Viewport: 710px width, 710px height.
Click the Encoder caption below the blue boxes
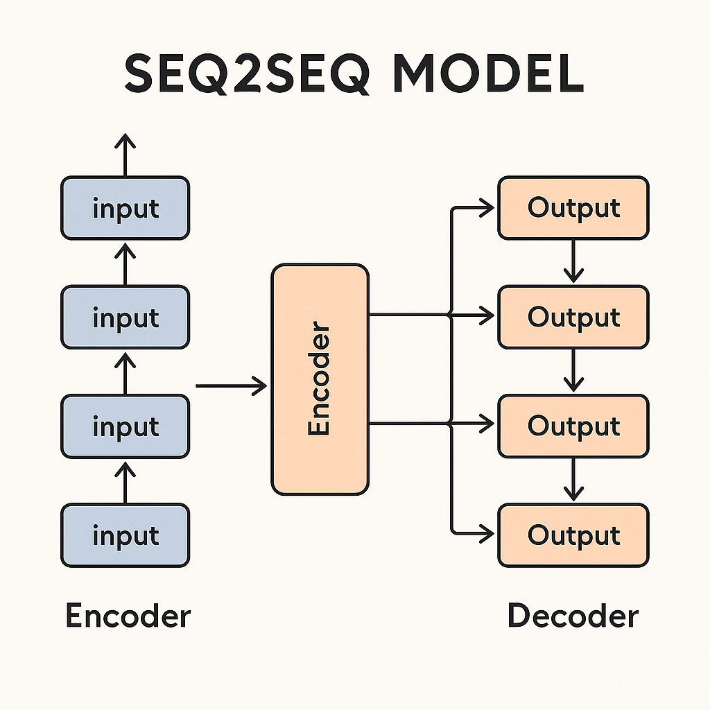coord(128,616)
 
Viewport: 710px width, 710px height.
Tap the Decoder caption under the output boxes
coord(573,616)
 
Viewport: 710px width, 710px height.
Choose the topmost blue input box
coord(125,208)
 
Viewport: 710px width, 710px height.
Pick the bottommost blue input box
coord(125,535)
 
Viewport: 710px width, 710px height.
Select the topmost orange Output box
coord(573,208)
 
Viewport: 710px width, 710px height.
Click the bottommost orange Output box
coord(573,535)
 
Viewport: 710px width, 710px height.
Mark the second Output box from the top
coord(573,317)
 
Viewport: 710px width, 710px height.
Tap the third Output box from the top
coord(573,426)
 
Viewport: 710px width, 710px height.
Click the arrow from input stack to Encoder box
coord(232,385)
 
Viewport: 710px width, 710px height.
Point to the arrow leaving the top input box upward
coord(125,156)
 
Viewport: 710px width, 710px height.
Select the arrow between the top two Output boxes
coord(573,262)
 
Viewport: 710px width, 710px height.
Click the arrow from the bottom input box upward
coord(125,482)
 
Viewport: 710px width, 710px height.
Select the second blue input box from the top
coord(125,317)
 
